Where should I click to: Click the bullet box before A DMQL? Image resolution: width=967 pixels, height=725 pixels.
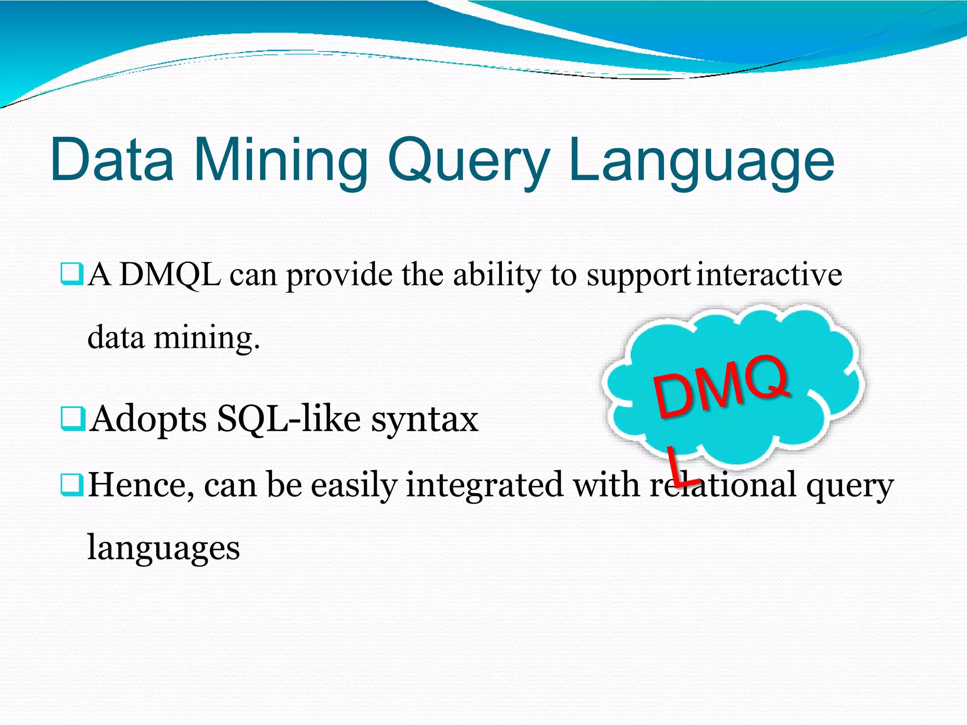[72, 275]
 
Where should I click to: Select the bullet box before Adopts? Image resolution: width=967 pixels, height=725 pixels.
[72, 419]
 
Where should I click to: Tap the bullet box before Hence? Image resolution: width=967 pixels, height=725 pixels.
[72, 485]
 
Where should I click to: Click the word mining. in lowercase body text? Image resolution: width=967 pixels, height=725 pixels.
[207, 338]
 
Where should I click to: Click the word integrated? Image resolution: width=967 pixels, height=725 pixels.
[484, 485]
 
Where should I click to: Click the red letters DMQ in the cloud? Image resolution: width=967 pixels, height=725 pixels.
[721, 386]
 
